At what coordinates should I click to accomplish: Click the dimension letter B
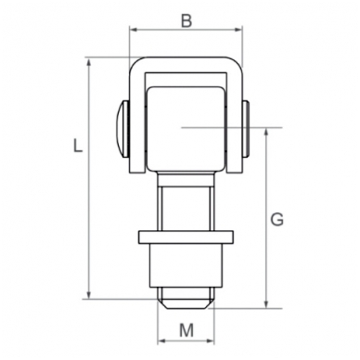186,21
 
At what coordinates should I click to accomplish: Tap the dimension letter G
276,220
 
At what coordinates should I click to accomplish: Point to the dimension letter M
186,330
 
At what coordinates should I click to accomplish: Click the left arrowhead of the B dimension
133,30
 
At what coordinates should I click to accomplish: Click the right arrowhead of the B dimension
238,30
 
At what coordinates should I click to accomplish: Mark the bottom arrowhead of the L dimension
89,295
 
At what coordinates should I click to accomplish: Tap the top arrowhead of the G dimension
266,132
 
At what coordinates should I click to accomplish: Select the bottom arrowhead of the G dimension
266,304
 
